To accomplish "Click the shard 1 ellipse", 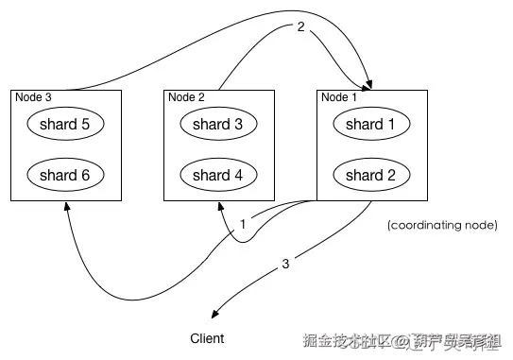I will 364,124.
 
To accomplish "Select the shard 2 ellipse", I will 364,175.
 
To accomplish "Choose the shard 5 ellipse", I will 65,124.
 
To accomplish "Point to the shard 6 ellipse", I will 65,175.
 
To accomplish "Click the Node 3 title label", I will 33,95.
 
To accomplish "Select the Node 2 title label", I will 186,95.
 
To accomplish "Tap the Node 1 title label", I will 338,95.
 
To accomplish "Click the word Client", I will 207,337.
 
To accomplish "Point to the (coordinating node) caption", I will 441,226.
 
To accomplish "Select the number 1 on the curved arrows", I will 244,225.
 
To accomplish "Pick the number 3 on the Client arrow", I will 286,264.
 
